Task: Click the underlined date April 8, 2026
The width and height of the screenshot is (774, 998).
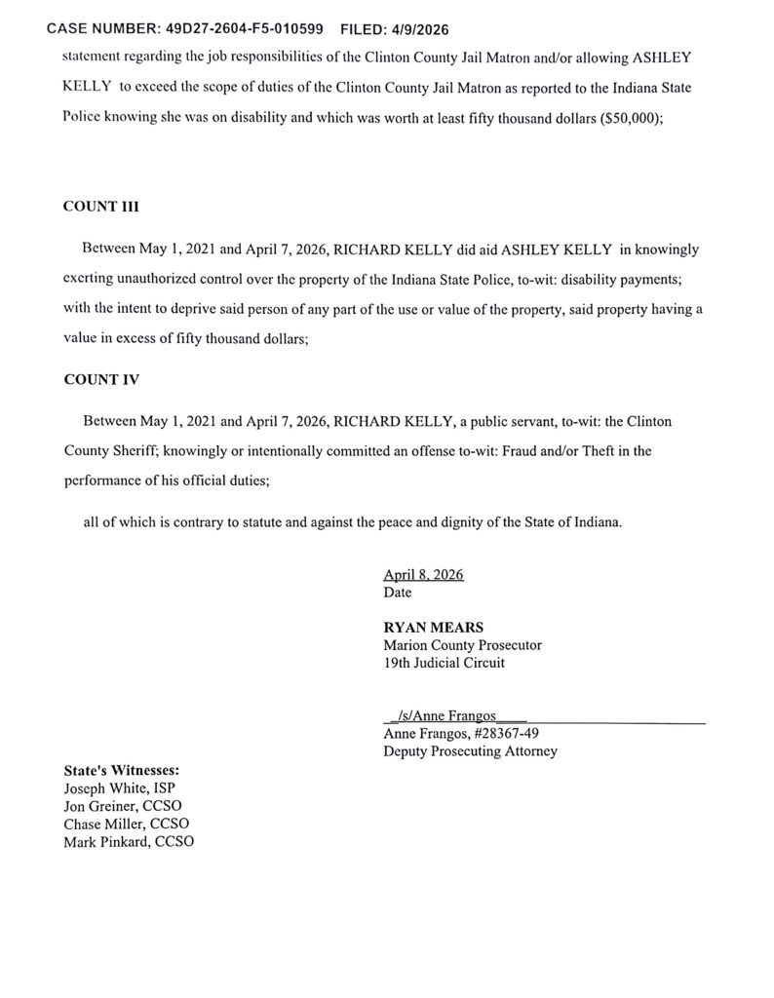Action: coord(424,574)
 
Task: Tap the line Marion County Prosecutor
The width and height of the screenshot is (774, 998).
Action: coord(462,645)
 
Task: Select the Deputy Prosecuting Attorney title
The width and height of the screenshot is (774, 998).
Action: coord(471,751)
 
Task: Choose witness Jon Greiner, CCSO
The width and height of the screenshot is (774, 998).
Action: coord(123,806)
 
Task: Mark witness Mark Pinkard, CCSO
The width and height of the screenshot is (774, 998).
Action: coord(129,842)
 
